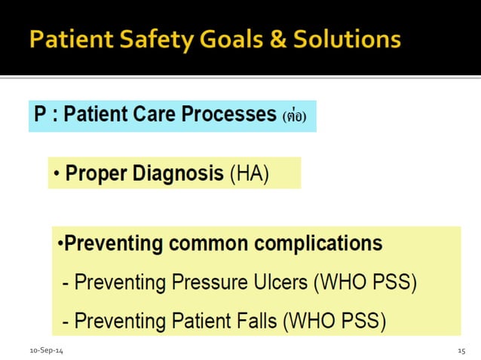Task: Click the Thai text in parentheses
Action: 295,117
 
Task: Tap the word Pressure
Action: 201,283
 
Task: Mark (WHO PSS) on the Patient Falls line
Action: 334,322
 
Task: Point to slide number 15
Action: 462,352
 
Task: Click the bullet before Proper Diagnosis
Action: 57,175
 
